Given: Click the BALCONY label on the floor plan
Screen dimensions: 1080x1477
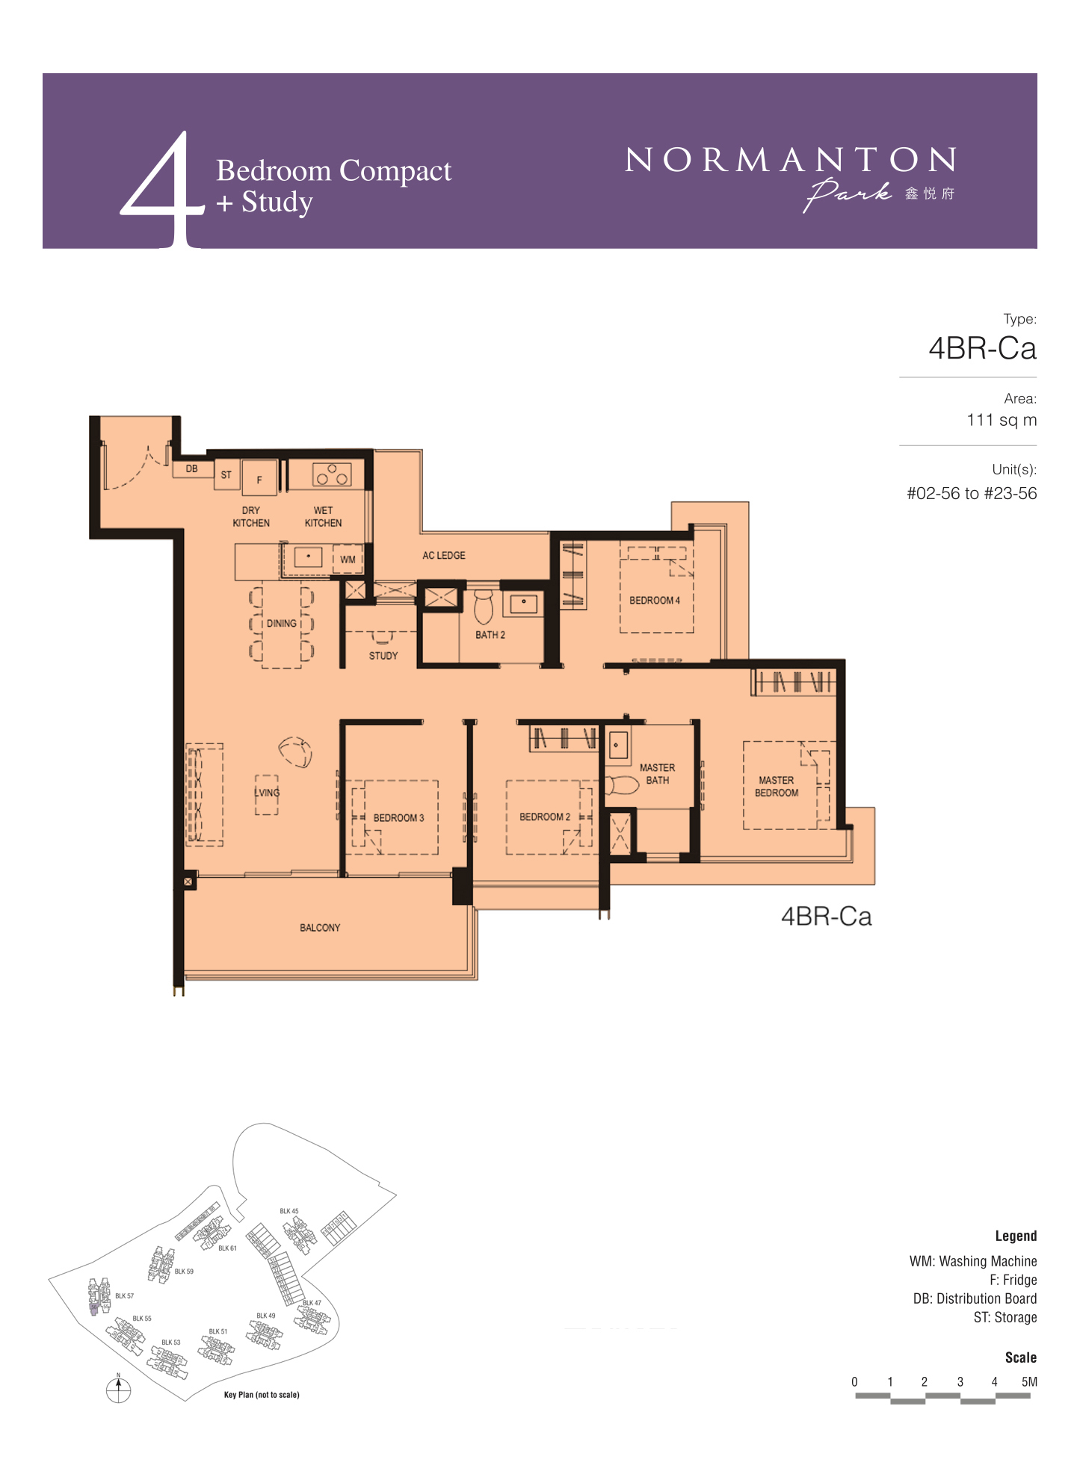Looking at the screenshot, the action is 320,927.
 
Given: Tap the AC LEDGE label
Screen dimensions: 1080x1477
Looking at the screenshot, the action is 444,555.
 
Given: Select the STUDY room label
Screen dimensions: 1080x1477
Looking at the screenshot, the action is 383,655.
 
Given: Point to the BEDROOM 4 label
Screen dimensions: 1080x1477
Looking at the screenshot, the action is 655,600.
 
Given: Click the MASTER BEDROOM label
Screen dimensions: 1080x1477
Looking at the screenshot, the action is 777,786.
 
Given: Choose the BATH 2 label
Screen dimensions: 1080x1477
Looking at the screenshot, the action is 490,634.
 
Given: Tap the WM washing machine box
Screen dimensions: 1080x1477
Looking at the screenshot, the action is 348,559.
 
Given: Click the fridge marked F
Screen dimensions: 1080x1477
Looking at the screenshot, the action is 259,478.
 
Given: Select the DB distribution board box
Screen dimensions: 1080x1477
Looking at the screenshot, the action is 192,468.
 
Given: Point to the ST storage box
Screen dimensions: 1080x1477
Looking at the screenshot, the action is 226,475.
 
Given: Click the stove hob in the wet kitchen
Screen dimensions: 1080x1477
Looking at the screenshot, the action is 332,474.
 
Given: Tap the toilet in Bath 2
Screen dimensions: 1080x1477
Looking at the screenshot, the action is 484,607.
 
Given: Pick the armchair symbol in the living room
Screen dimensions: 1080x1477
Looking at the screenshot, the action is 295,752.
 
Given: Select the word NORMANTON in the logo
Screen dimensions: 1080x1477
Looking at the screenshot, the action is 790,160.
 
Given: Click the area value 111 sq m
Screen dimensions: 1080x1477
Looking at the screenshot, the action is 1002,420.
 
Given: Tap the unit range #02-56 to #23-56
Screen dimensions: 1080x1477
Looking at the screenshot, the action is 972,493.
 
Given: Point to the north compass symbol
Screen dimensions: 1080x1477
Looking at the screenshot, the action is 118,1389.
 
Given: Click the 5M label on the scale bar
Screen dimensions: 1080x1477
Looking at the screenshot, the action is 1029,1381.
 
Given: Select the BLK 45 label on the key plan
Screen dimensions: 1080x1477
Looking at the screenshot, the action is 289,1211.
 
